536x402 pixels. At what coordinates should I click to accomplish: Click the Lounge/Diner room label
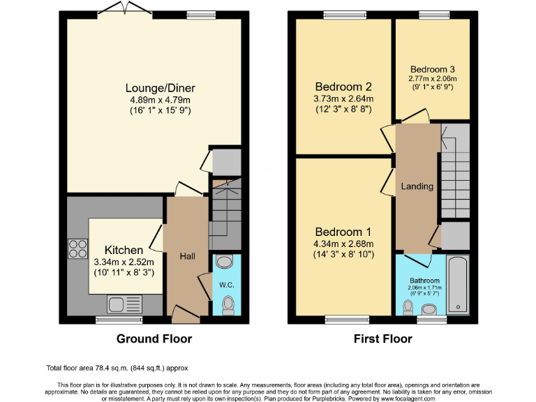[x=160, y=88]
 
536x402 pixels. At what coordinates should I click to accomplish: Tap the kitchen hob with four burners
[x=77, y=248]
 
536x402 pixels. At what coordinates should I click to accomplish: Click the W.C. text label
[x=227, y=284]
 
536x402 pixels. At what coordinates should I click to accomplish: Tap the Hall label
[x=187, y=257]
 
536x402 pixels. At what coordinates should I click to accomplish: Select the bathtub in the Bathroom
[x=458, y=284]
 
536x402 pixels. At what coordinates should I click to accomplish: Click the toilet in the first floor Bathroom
[x=408, y=306]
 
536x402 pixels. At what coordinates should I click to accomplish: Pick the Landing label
[x=417, y=186]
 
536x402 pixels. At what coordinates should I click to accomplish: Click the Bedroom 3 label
[x=432, y=69]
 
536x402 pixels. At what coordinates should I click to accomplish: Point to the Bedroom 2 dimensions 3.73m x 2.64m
[x=343, y=99]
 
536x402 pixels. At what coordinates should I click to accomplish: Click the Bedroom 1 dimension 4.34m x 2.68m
[x=344, y=244]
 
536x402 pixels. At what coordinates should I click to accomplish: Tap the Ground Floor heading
[x=153, y=339]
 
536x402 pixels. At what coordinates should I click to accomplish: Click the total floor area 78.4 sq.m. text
[x=117, y=368]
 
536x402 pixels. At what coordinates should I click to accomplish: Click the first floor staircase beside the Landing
[x=454, y=171]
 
